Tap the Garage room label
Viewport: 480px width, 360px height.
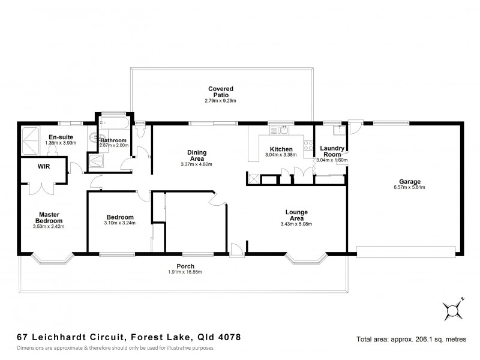tap(410, 181)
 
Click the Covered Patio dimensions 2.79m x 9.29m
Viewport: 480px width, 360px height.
tap(220, 101)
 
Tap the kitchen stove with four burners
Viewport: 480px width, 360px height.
tap(308, 145)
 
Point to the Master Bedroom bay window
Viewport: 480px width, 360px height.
tap(52, 259)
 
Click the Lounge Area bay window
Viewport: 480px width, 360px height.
tap(306, 259)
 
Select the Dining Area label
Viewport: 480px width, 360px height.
tap(197, 155)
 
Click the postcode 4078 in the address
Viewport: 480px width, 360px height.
tap(229, 338)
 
